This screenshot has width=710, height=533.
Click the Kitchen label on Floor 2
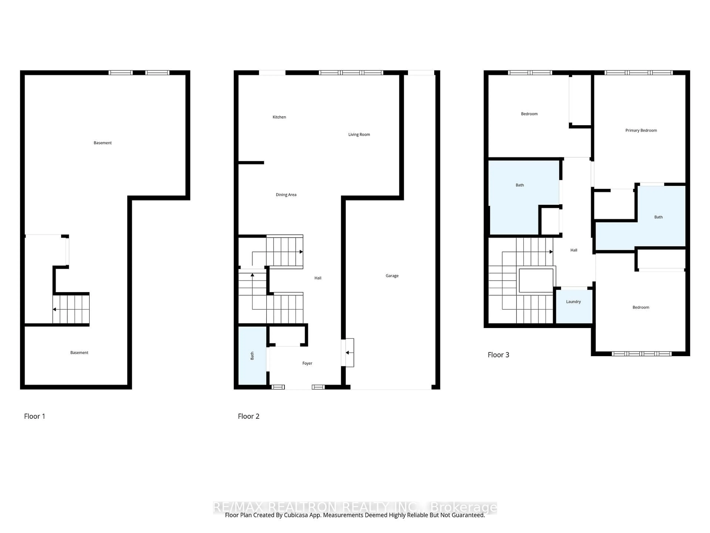pyautogui.click(x=279, y=117)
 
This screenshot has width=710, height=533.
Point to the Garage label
pyautogui.click(x=392, y=276)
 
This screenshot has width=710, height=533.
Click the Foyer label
pyautogui.click(x=307, y=363)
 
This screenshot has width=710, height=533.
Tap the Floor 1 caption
pyautogui.click(x=34, y=416)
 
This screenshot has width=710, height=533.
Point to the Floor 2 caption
pyautogui.click(x=248, y=416)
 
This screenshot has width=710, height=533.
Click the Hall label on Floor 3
pyautogui.click(x=574, y=250)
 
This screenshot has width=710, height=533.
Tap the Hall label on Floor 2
pyautogui.click(x=318, y=278)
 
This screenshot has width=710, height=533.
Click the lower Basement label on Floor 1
pyautogui.click(x=79, y=352)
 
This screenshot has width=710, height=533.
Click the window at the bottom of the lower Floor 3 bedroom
pyautogui.click(x=641, y=354)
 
